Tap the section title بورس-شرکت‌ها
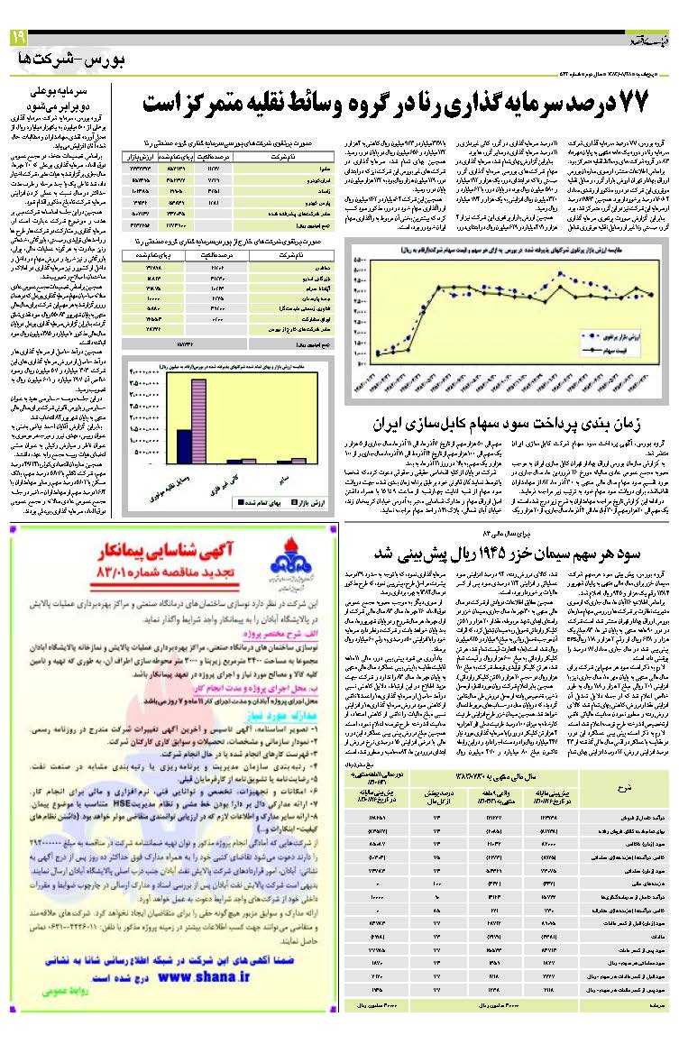(x=73, y=60)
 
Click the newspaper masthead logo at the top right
(x=647, y=40)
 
